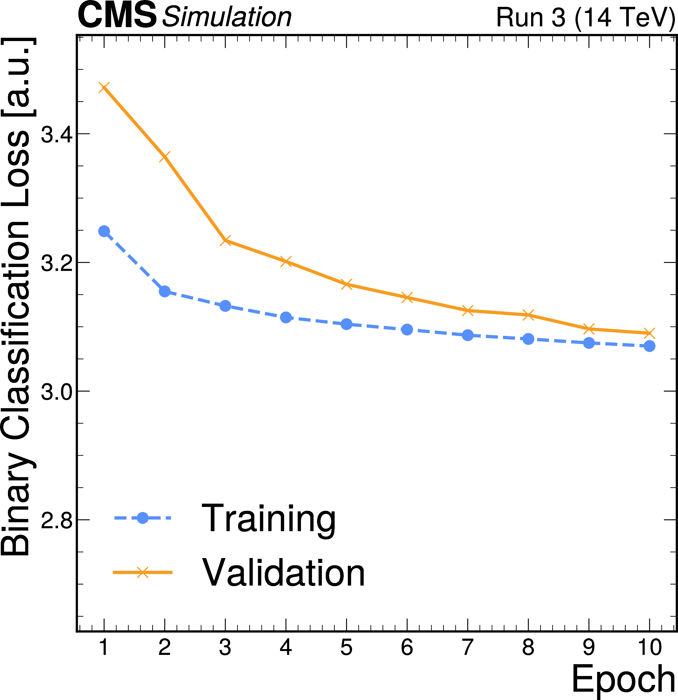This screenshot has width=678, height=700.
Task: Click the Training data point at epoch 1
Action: (104, 231)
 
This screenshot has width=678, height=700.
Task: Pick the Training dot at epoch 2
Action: (165, 291)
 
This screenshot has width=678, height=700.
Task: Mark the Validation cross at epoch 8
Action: (528, 315)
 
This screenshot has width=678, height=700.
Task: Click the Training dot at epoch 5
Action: (346, 324)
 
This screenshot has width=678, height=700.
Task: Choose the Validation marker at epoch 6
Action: (407, 297)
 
